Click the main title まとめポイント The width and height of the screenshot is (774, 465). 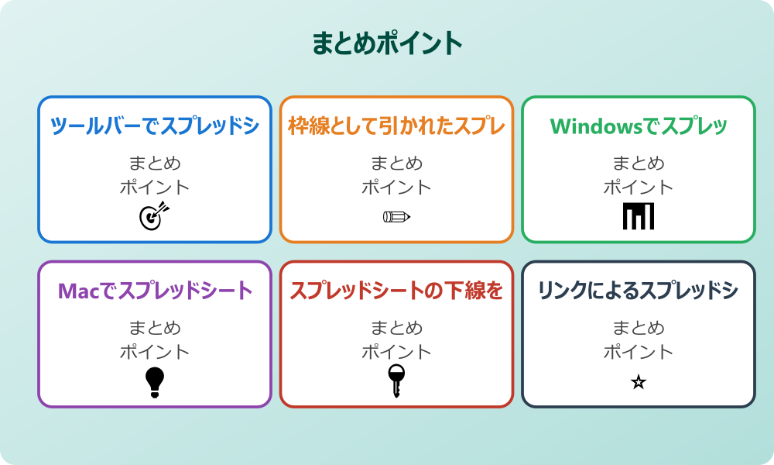tap(387, 43)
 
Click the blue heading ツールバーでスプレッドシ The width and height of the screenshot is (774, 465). tap(155, 126)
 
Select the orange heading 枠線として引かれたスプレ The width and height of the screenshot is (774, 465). tap(396, 126)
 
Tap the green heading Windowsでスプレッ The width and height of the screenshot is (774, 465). tap(639, 126)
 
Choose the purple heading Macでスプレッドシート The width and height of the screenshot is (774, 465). tap(155, 291)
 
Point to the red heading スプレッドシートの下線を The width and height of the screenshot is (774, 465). tap(396, 291)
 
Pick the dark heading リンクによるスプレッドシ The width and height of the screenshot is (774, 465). tap(639, 291)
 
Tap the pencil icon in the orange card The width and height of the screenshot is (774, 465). tap(396, 216)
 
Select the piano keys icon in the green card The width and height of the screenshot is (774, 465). tap(639, 216)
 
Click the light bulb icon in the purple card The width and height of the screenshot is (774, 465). tap(155, 381)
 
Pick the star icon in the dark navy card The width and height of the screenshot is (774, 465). tap(639, 382)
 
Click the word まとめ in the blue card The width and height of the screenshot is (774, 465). tap(155, 164)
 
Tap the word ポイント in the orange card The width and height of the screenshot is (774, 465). tap(396, 187)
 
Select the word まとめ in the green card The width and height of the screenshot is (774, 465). tap(639, 164)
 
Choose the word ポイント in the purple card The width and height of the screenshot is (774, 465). tap(155, 352)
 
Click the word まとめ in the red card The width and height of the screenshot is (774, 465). tap(396, 329)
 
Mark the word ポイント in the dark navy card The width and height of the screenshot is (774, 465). tap(639, 352)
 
